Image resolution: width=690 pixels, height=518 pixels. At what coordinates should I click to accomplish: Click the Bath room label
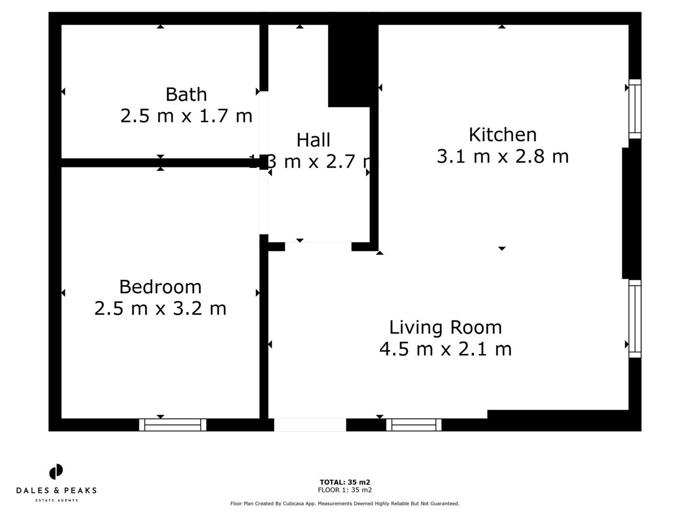186,94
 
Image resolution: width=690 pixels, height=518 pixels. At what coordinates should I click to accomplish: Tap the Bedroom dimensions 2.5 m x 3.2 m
160,308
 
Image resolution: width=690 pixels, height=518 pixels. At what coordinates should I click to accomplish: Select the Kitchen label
502,135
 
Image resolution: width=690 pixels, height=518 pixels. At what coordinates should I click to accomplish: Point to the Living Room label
445,328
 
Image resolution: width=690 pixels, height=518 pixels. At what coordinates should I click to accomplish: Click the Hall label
313,140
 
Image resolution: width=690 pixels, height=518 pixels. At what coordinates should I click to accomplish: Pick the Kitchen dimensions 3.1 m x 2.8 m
502,156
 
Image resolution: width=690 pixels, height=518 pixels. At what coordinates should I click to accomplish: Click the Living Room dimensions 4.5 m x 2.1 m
445,349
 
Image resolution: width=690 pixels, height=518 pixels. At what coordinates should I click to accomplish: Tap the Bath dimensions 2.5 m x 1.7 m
186,116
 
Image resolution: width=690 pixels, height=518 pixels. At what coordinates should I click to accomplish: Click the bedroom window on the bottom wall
172,424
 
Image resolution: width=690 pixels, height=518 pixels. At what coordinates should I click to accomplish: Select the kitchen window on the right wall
634,109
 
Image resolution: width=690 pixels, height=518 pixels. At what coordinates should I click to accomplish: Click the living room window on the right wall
634,319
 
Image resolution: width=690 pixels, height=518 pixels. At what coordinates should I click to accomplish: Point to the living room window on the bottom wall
414,424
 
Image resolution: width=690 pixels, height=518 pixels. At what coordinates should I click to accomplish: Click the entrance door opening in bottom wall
310,424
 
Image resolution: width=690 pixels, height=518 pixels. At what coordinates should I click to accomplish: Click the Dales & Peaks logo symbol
56,471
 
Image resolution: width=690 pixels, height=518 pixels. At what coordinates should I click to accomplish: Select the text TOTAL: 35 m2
345,483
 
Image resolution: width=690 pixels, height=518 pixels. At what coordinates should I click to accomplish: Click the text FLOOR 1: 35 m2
345,490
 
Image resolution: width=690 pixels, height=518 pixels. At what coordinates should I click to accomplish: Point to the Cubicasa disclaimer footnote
345,504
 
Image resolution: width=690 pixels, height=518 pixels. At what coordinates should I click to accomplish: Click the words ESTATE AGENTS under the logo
56,501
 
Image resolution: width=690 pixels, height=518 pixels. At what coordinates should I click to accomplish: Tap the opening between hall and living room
318,247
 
